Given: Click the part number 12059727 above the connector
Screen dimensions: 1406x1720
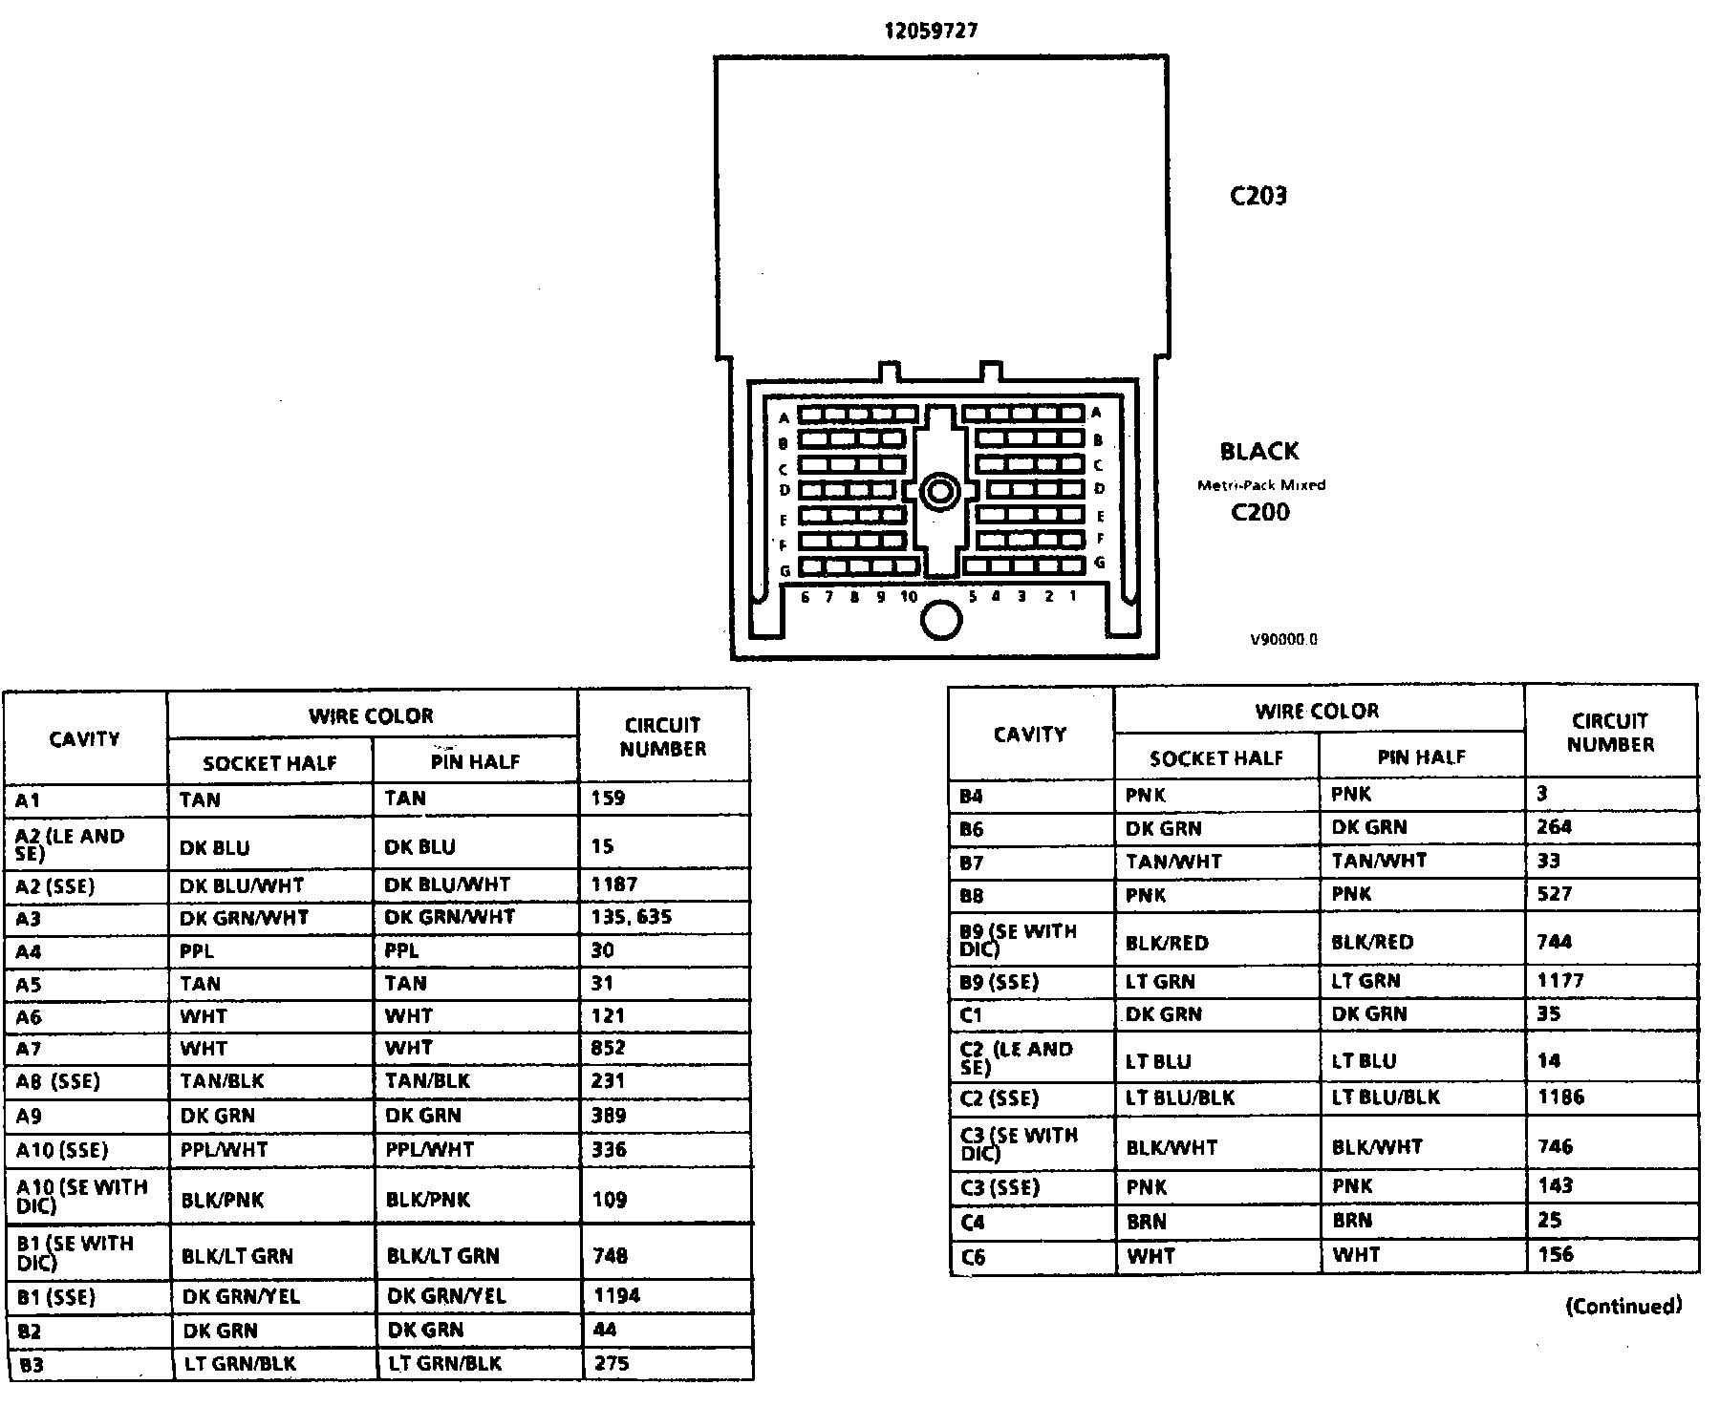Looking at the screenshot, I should tap(930, 31).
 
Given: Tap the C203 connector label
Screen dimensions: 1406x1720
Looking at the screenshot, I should tap(1258, 196).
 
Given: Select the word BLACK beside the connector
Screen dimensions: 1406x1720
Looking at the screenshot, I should tap(1259, 451).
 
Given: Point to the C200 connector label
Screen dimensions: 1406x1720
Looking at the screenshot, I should tap(1259, 513).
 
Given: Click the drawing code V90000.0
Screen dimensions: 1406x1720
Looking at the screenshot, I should tap(1283, 640).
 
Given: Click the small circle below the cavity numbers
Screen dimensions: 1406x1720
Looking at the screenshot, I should tap(941, 620).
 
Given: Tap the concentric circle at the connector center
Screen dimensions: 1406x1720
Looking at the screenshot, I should tap(940, 493).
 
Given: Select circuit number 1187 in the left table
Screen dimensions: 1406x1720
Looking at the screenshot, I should tap(613, 884).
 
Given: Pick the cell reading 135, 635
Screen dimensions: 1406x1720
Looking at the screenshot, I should tap(631, 917).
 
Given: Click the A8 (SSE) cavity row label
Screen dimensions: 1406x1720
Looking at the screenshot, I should tap(57, 1082).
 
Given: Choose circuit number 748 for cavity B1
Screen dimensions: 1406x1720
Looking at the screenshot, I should tap(610, 1255).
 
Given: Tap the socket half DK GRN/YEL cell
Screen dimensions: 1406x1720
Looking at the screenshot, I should tap(241, 1296).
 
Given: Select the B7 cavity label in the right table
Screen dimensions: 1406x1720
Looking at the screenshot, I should tap(971, 863).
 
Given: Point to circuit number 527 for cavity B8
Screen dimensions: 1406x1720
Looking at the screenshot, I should tap(1554, 894).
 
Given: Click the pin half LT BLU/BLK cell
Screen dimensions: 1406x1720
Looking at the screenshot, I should tap(1386, 1097).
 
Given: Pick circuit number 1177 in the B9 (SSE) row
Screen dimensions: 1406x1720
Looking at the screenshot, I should tap(1559, 981).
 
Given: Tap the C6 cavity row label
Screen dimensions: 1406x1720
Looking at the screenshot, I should tap(972, 1257).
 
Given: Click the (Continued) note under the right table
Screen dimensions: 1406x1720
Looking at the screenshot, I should tap(1623, 1306).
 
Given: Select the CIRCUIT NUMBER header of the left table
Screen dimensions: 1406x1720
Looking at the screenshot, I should tap(663, 736).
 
